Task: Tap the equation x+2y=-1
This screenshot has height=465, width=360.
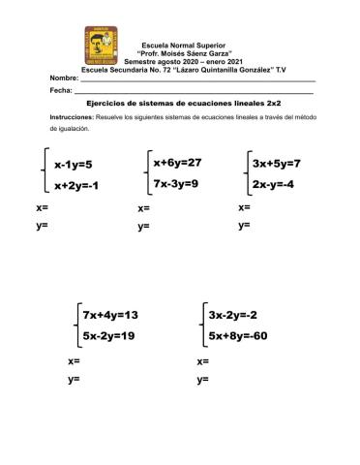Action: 76,185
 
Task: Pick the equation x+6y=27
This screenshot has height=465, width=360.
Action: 177,162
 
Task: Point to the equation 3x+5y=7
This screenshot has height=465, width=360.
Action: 276,163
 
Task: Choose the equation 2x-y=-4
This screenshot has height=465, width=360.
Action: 272,184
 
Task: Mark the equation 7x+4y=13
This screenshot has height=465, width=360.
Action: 110,315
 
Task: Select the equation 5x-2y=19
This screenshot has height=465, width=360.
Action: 108,336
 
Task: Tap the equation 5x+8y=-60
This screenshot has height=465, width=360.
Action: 237,336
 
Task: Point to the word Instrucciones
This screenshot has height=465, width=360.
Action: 74,116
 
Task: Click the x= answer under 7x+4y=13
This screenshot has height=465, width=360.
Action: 74,360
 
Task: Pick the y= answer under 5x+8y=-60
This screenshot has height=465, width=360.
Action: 202,380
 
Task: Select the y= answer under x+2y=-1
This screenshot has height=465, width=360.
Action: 42,226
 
